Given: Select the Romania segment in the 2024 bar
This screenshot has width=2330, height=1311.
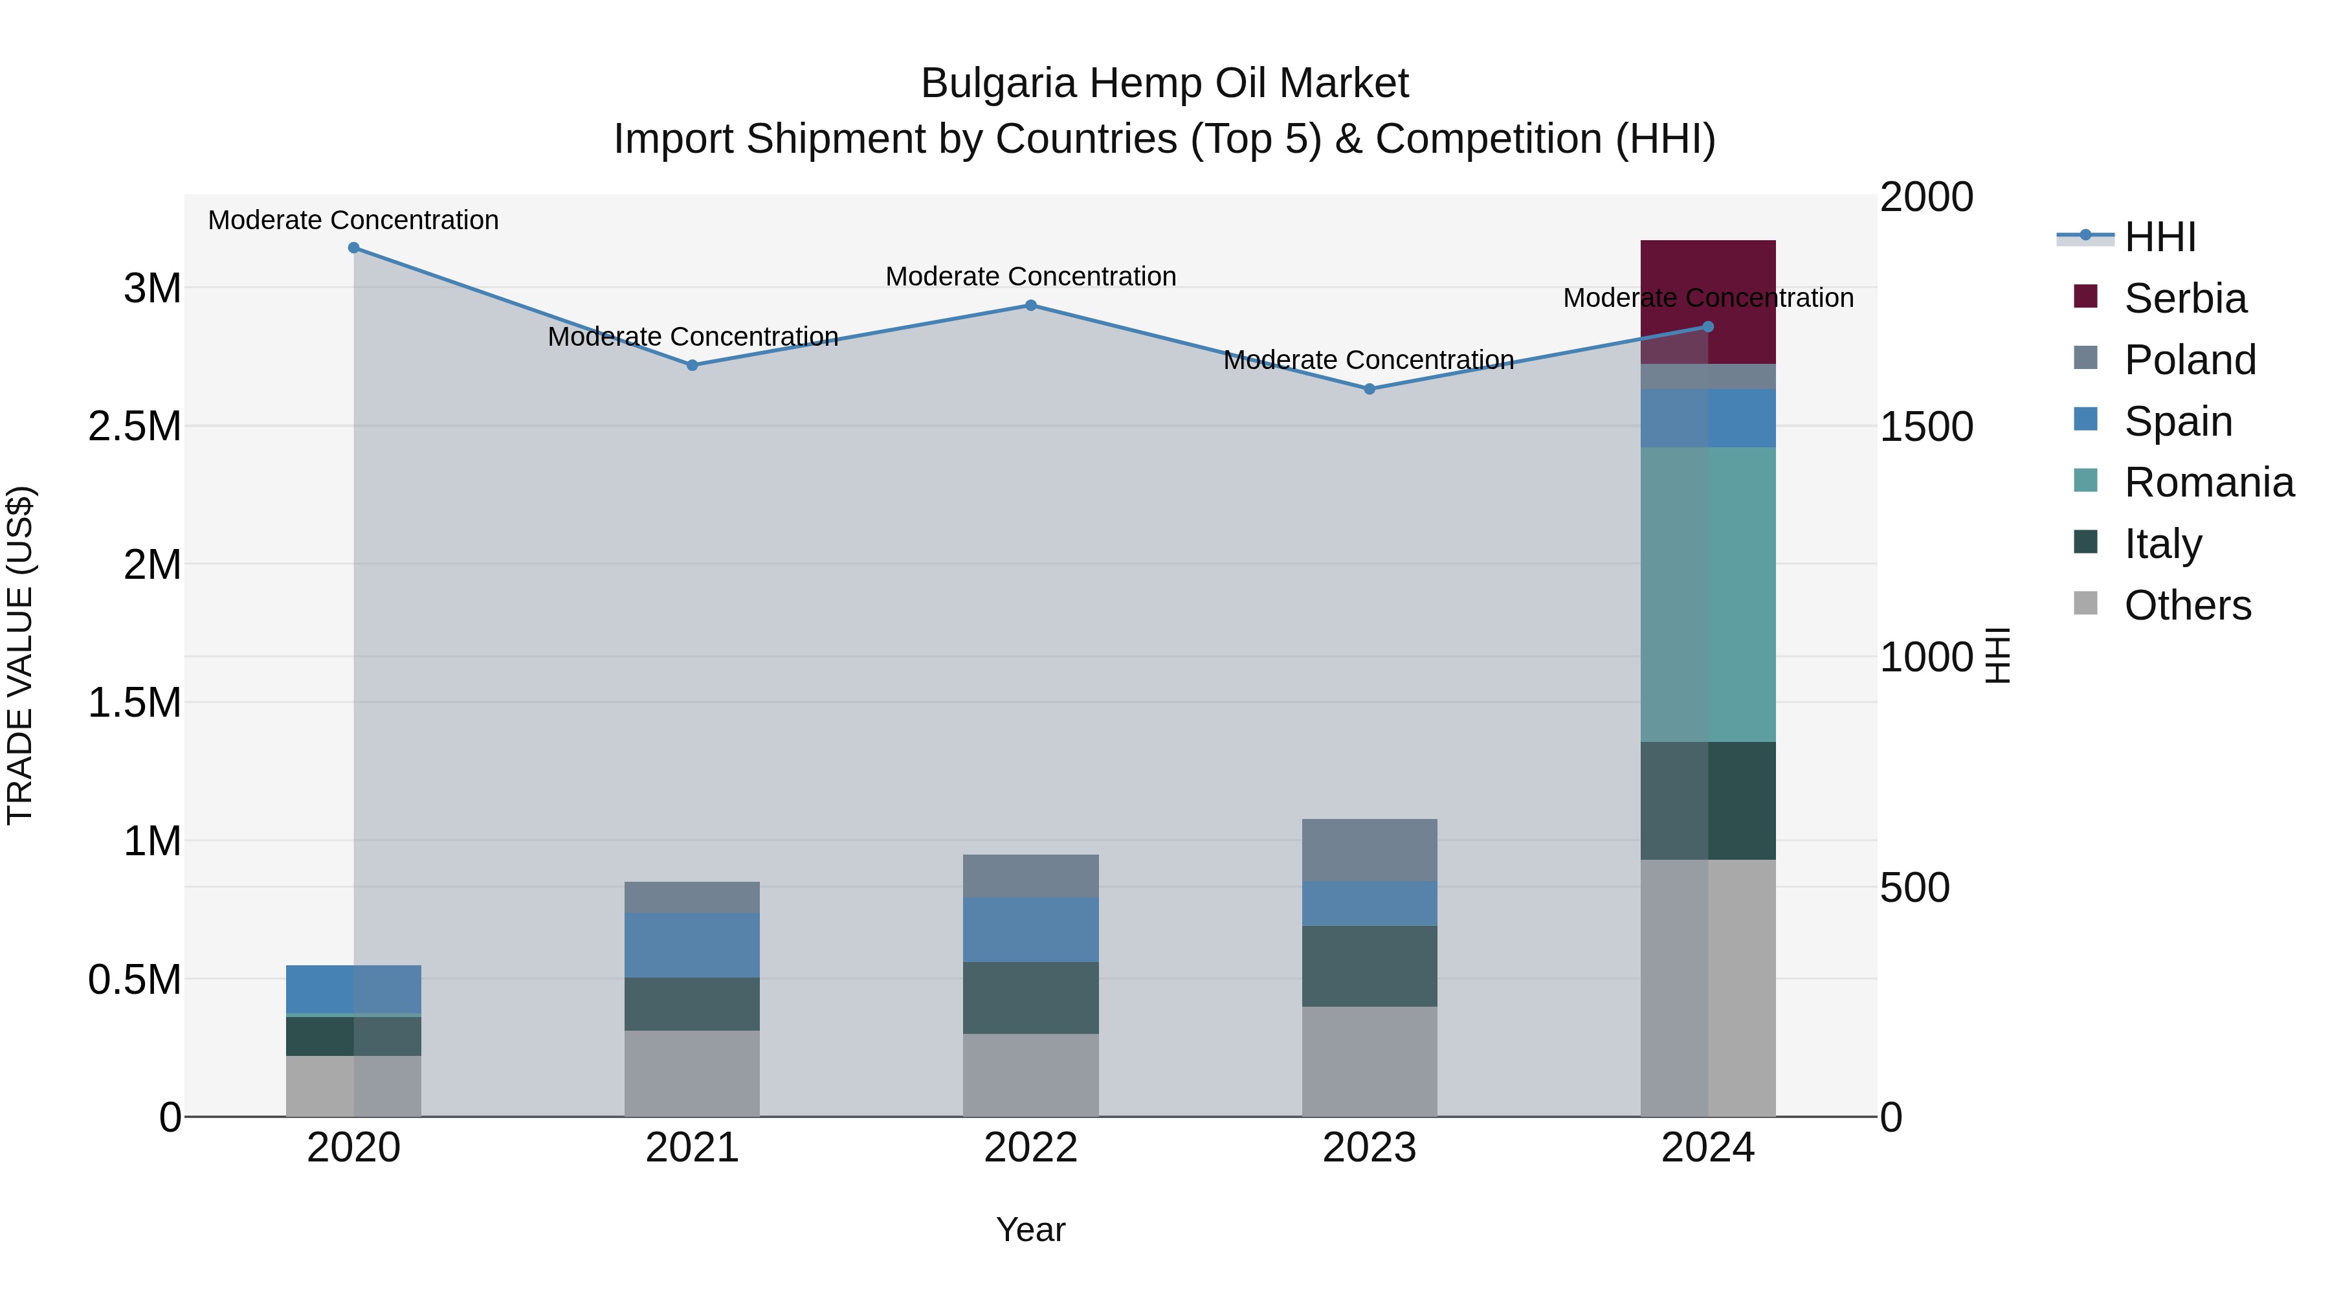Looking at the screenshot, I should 1708,594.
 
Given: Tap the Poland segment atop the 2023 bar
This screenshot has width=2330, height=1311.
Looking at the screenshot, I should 1368,849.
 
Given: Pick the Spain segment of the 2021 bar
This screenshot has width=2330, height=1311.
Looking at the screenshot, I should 692,945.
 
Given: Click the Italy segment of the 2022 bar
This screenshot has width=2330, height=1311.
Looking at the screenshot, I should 1030,997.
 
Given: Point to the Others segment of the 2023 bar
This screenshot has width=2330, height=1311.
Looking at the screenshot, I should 1368,1060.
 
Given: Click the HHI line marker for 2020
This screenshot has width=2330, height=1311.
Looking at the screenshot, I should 353,248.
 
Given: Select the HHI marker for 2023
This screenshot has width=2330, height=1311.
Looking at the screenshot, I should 1368,389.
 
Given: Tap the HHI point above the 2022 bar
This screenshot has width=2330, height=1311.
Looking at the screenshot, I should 1030,306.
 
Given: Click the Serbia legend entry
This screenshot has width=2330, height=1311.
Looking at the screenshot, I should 2184,298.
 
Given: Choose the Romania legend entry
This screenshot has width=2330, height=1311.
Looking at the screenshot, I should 2208,482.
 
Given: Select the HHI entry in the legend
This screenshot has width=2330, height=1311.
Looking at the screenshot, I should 2159,237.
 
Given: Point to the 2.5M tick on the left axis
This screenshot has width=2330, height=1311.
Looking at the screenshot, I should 134,426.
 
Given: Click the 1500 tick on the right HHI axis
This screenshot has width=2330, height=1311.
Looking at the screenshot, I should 1925,427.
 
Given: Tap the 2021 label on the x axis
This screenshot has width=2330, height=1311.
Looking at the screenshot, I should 692,1147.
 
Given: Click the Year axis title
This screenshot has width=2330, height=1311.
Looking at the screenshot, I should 1030,1229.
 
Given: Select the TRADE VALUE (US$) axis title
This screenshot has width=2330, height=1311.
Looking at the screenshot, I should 20,655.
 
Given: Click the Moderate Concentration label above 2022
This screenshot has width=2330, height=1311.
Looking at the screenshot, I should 1030,276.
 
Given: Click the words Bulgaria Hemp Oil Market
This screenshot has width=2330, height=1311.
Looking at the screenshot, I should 1164,84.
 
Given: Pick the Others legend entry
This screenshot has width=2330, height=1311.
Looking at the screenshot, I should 2186,605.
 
